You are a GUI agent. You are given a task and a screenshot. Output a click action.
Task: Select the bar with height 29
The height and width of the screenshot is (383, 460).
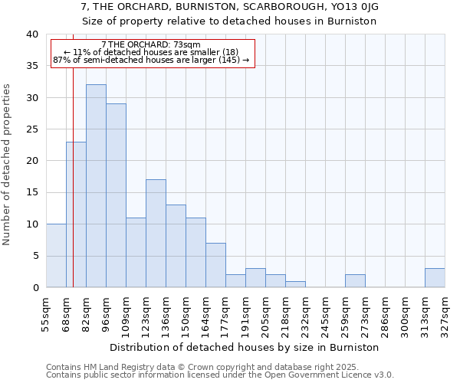(116, 195)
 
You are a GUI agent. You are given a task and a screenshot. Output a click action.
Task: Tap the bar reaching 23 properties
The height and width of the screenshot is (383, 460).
(76, 214)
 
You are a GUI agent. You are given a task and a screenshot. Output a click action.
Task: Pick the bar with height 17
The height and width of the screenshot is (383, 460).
(156, 234)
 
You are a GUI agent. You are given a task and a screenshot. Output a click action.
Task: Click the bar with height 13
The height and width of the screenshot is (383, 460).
(176, 246)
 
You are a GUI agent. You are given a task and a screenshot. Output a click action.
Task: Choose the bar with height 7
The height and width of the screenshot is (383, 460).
(215, 265)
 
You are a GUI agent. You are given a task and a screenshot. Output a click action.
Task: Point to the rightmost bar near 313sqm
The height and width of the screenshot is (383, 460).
(435, 278)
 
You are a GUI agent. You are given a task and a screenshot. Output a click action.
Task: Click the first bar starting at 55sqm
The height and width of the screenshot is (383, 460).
(56, 256)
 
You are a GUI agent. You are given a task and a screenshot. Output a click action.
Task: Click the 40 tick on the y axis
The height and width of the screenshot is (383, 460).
(31, 34)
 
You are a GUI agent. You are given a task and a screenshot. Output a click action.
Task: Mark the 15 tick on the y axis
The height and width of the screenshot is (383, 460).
(31, 192)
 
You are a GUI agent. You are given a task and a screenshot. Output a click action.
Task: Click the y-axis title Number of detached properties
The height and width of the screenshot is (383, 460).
(8, 161)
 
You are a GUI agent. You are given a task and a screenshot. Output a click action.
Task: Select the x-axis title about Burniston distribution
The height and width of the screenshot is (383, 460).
(245, 347)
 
